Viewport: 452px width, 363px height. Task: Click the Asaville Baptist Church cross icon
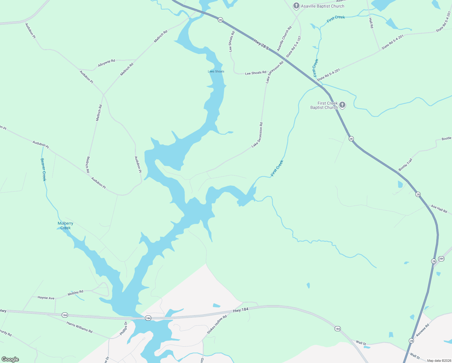pyautogui.click(x=296, y=6)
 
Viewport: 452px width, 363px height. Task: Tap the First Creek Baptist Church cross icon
pyautogui.click(x=342, y=105)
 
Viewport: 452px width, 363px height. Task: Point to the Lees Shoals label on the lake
pyautogui.click(x=216, y=71)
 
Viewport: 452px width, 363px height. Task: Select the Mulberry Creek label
pyautogui.click(x=65, y=226)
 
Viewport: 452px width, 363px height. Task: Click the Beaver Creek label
pyautogui.click(x=44, y=169)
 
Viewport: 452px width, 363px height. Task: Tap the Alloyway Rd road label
pyautogui.click(x=106, y=63)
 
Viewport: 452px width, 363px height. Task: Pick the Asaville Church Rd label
pyautogui.click(x=284, y=39)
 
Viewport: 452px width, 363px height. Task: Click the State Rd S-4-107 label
pyautogui.click(x=294, y=47)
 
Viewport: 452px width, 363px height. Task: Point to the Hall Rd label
pyautogui.click(x=371, y=23)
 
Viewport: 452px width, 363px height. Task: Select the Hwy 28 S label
pyautogui.click(x=261, y=44)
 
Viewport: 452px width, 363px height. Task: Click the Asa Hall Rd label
pyautogui.click(x=439, y=209)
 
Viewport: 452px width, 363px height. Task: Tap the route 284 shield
pyautogui.click(x=441, y=259)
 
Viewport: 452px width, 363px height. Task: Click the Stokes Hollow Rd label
pyautogui.click(x=217, y=325)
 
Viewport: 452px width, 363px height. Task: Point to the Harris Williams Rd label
pyautogui.click(x=79, y=327)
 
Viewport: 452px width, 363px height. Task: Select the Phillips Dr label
pyautogui.click(x=124, y=328)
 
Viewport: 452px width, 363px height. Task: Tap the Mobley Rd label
pyautogui.click(x=75, y=293)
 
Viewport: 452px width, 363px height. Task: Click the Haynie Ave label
pyautogui.click(x=46, y=298)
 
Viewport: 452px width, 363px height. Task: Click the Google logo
pyautogui.click(x=10, y=359)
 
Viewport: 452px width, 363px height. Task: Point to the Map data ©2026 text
pyautogui.click(x=439, y=360)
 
